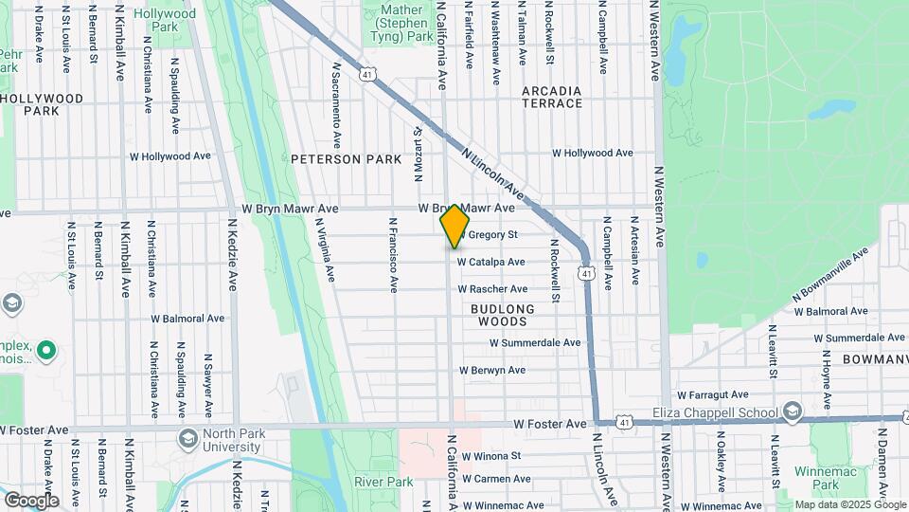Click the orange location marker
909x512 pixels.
[454, 227]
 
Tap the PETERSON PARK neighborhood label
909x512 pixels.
[339, 159]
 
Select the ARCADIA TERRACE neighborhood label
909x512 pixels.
[552, 97]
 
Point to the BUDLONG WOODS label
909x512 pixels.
[502, 316]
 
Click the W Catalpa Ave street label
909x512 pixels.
[490, 262]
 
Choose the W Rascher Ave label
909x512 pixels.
[492, 289]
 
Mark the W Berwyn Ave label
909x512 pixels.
[491, 370]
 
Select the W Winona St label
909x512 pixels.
[490, 455]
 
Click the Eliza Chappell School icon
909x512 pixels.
[792, 412]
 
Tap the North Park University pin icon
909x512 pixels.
[187, 438]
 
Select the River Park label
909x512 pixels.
[383, 482]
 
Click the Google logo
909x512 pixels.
[31, 500]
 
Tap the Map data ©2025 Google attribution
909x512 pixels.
[849, 504]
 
